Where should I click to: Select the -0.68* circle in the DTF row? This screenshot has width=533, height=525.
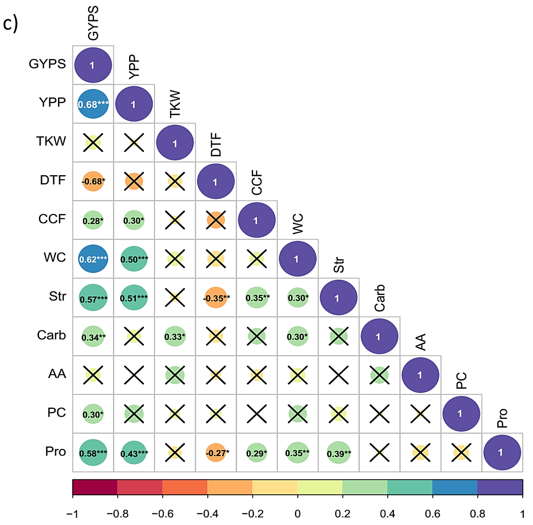93,181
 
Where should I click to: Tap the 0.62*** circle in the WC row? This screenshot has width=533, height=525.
93,259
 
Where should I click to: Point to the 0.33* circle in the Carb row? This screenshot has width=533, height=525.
175,336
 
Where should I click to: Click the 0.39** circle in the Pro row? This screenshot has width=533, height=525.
339,453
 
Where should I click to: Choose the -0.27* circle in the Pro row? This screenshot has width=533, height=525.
216,453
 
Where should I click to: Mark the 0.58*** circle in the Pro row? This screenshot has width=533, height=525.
93,453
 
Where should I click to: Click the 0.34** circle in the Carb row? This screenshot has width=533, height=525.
93,337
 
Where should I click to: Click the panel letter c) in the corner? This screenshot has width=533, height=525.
10,23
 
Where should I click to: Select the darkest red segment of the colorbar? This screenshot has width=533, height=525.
95,487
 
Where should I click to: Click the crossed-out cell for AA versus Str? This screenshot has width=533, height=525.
339,375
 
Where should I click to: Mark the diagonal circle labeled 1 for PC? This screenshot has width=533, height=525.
461,414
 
